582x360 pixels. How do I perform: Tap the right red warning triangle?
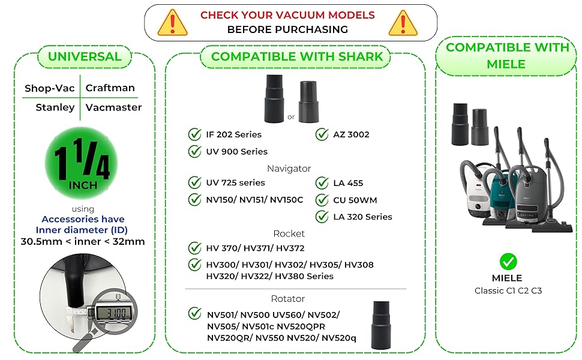click(403, 23)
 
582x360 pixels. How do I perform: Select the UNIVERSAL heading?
click(85, 57)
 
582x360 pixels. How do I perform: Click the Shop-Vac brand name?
click(50, 88)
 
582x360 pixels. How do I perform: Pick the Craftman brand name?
click(110, 88)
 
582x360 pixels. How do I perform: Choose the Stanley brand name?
click(55, 107)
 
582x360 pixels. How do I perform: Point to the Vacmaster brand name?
click(113, 107)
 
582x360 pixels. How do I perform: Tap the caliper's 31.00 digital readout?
click(107, 313)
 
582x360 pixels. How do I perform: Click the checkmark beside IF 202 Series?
click(195, 134)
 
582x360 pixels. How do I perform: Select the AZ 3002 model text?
click(352, 134)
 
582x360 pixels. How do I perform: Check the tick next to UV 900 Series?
click(195, 151)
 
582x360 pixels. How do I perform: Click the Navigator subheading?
click(289, 169)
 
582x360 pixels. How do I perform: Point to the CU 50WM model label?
click(355, 200)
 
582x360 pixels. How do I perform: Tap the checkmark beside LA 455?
click(322, 183)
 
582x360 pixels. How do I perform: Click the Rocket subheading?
click(289, 233)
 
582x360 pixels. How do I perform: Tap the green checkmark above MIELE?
click(508, 262)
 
